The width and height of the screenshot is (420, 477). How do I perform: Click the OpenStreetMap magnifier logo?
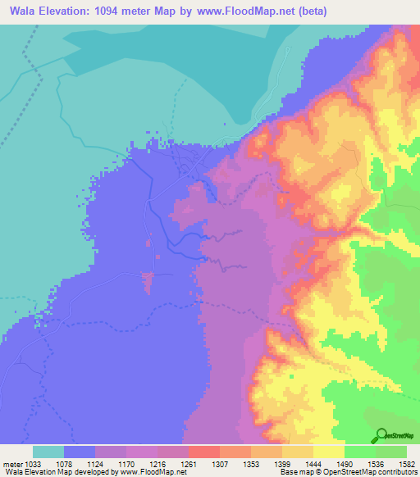382,435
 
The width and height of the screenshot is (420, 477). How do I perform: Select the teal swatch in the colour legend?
48,452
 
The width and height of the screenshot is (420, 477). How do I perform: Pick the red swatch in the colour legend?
204,452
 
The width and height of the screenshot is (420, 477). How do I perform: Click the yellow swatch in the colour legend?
329,452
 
